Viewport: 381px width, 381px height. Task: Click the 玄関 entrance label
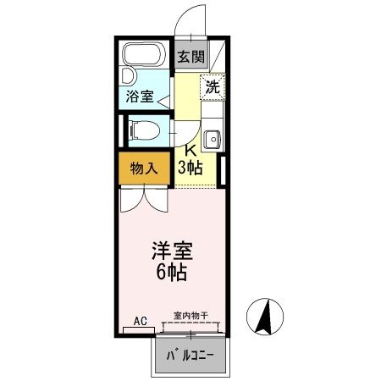190,58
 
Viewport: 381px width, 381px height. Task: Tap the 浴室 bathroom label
141,97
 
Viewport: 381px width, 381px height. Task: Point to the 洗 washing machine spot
213,86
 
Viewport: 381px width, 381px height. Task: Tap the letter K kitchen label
192,152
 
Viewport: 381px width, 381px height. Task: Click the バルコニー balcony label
190,355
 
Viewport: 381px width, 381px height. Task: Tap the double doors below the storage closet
142,200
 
